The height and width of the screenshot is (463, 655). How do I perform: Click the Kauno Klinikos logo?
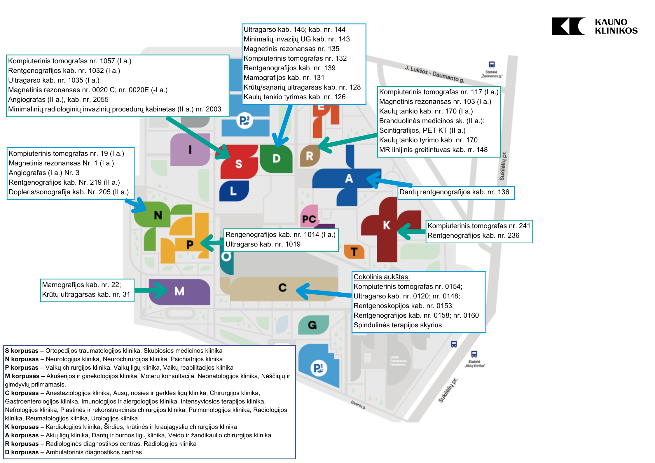click(x=594, y=26)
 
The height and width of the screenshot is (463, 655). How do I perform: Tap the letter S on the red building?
click(x=239, y=164)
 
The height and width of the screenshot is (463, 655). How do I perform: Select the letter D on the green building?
click(x=276, y=158)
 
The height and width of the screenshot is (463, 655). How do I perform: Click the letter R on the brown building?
click(x=310, y=156)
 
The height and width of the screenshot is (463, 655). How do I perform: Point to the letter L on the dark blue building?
click(x=233, y=191)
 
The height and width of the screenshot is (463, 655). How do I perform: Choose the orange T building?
click(x=354, y=251)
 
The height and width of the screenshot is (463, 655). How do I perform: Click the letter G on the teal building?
click(x=312, y=325)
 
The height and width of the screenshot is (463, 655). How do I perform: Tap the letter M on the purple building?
click(x=179, y=291)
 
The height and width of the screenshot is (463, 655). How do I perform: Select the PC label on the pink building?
click(x=309, y=219)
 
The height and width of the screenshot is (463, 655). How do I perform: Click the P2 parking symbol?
click(x=244, y=120)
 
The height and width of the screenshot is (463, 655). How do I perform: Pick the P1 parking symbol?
click(x=318, y=368)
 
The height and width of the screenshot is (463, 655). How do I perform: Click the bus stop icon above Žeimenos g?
click(x=492, y=65)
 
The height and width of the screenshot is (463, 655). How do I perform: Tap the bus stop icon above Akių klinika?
click(x=474, y=354)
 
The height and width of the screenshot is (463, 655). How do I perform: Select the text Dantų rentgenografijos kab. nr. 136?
click(x=454, y=192)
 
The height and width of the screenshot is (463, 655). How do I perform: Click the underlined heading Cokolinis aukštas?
click(x=382, y=277)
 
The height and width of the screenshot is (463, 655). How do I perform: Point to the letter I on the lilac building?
click(x=190, y=150)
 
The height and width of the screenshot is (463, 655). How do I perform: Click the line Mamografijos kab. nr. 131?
click(x=284, y=78)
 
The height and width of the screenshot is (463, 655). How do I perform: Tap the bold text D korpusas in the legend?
click(x=22, y=452)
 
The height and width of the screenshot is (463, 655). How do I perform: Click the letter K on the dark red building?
click(x=387, y=225)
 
